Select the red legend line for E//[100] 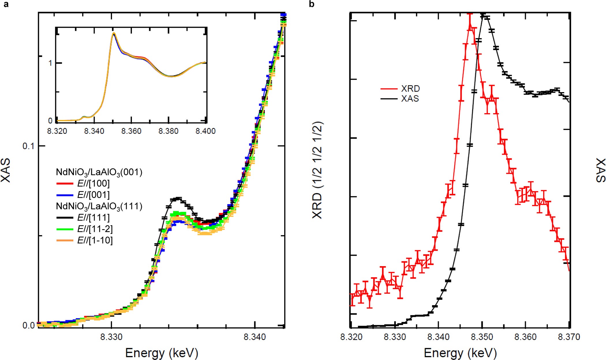65,184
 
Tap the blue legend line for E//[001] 65,195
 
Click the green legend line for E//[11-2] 65,229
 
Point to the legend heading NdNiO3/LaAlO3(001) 99,172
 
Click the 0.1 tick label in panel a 28,146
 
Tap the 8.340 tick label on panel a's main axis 255,337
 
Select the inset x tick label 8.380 168,131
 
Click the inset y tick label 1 50,63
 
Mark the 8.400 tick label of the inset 205,131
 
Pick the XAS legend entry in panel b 410,99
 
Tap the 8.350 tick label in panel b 482,337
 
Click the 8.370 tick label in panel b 569,337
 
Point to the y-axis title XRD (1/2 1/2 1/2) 317,170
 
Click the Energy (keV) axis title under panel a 162,353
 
